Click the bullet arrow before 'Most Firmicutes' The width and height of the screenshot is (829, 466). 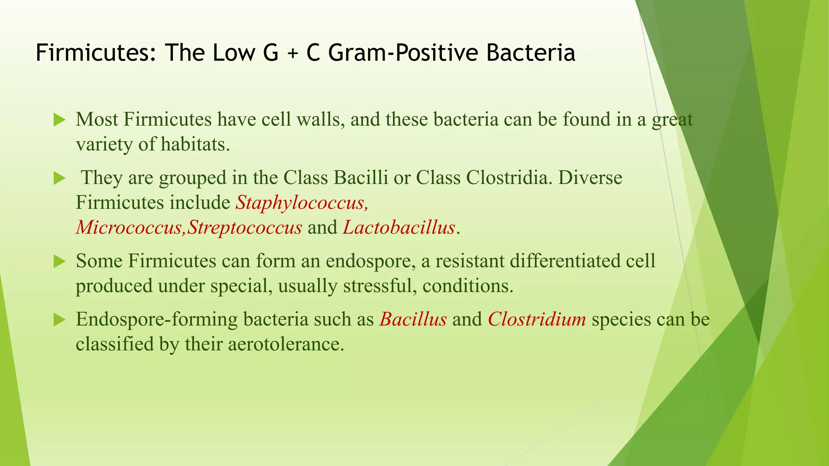click(60, 120)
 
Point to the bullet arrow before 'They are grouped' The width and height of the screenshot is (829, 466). click(60, 178)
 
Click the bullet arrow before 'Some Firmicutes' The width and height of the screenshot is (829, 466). click(60, 262)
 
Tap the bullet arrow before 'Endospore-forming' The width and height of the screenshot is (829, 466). click(60, 320)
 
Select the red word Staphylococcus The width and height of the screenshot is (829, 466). click(302, 203)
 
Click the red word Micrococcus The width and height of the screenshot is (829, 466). click(130, 228)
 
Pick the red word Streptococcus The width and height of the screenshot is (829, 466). click(244, 228)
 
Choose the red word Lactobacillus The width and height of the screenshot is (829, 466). click(399, 228)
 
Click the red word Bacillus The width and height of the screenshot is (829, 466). click(413, 320)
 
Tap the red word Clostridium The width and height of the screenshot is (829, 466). click(537, 320)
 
